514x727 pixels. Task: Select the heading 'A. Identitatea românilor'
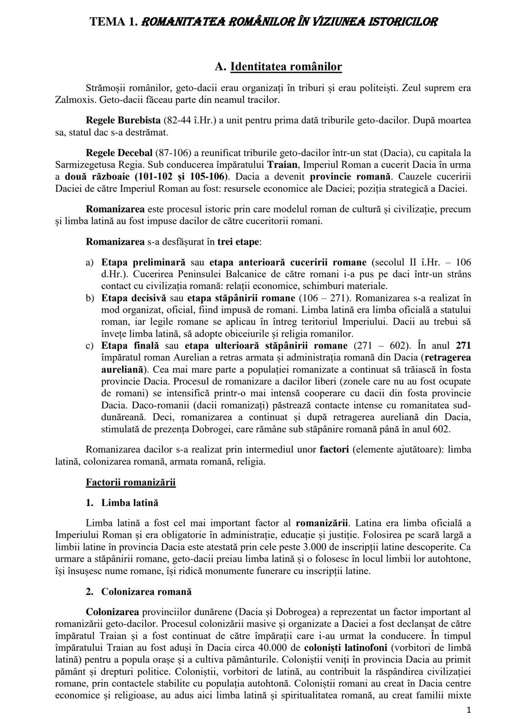[278, 67]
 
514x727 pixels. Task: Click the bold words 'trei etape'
[238, 241]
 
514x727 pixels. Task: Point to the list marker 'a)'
[89, 262]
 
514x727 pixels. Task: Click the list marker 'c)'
[89, 346]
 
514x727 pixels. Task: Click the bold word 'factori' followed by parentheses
[334, 449]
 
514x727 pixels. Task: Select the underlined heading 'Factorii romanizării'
[130, 482]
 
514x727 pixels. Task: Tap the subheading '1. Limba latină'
[122, 503]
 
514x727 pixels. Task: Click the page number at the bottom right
[469, 710]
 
